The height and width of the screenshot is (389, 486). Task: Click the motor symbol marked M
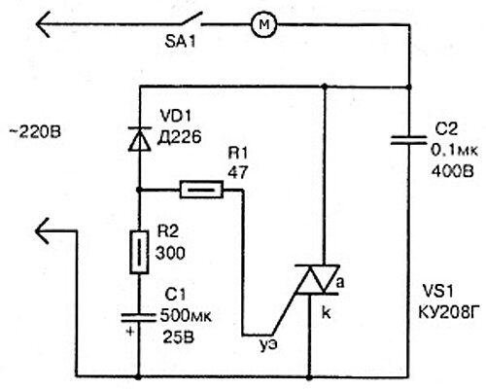click(x=264, y=24)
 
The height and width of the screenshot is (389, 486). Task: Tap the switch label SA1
click(x=180, y=42)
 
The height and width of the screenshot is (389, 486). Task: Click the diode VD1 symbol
click(x=140, y=139)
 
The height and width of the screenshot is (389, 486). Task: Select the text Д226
click(x=179, y=137)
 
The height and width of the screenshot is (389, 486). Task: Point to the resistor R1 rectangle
click(x=201, y=190)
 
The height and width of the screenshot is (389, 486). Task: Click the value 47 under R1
click(x=238, y=172)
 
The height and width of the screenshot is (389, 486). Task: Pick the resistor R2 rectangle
click(x=139, y=252)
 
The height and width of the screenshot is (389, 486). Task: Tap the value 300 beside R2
click(x=170, y=253)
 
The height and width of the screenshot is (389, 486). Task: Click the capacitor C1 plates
click(x=138, y=318)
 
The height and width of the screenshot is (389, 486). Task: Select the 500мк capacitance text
click(x=186, y=316)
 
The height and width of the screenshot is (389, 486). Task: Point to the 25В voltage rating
click(x=179, y=337)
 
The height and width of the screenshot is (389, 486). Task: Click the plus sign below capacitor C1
click(x=130, y=332)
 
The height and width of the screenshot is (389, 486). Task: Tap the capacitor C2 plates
click(x=408, y=140)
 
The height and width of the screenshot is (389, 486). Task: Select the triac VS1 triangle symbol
click(x=317, y=279)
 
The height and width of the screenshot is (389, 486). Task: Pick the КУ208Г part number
click(x=448, y=312)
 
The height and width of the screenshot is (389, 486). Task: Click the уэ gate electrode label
click(x=268, y=345)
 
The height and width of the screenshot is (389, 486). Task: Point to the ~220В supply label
click(x=35, y=132)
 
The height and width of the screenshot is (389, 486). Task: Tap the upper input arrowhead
click(x=43, y=24)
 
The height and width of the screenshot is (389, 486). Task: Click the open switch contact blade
click(x=191, y=18)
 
